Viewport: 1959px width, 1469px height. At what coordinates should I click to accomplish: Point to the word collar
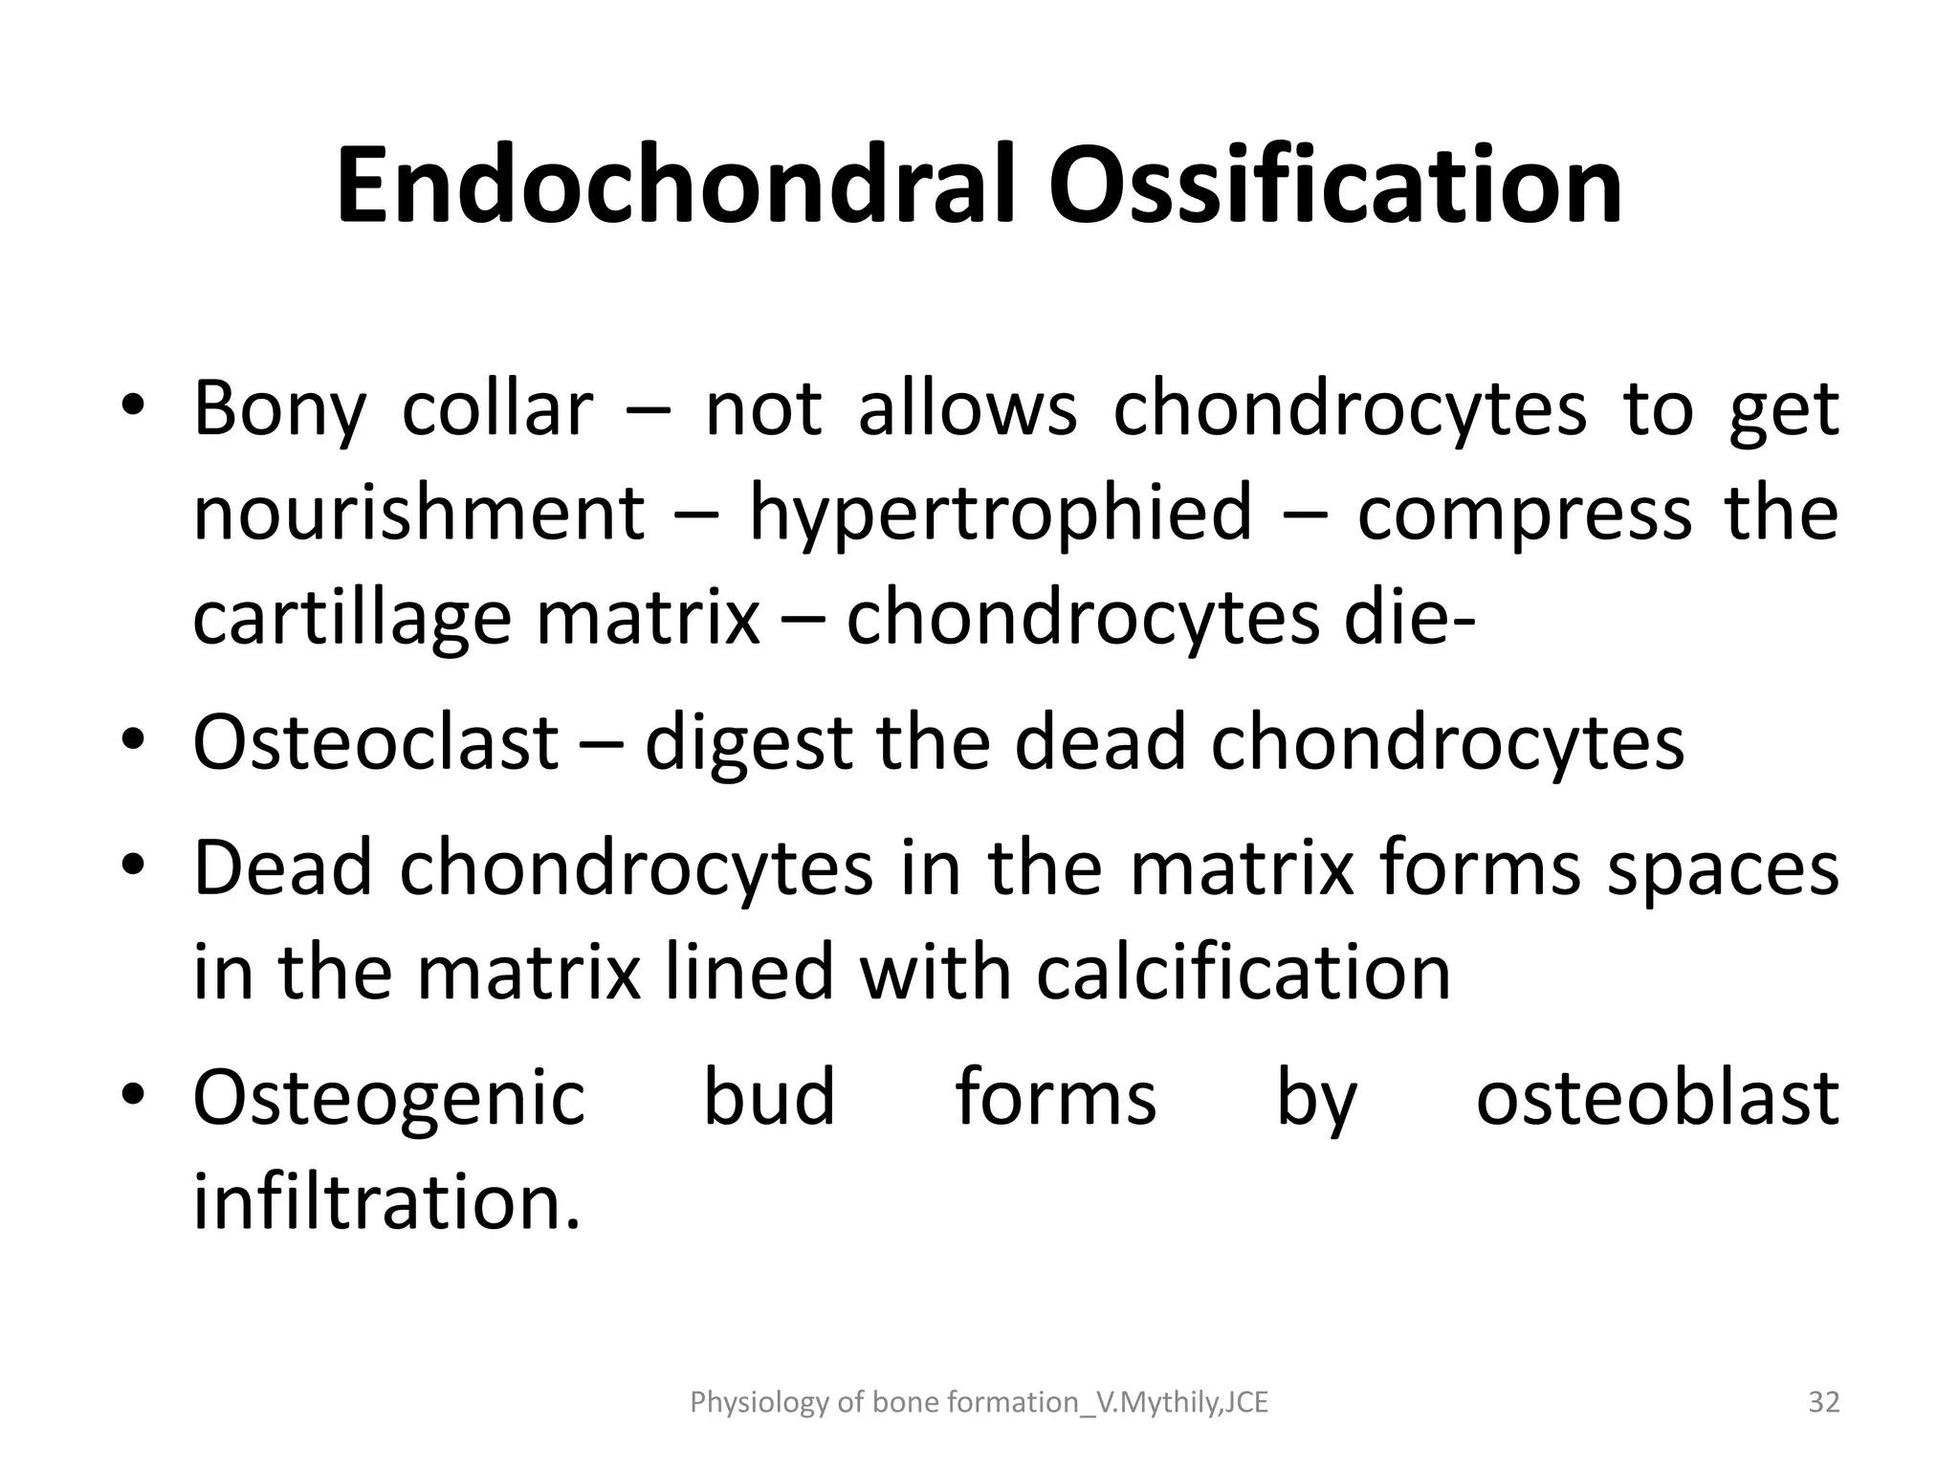[x=497, y=409]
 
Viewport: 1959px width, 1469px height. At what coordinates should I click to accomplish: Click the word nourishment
[x=419, y=514]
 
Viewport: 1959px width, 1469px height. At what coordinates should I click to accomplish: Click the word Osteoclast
[x=375, y=742]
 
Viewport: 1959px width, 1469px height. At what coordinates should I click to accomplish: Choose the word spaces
[x=1722, y=870]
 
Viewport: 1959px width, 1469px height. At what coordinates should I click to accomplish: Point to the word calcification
[x=1244, y=974]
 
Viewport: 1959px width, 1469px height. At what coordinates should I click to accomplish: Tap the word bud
[x=770, y=1097]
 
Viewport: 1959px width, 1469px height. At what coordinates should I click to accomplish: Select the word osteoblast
[x=1657, y=1097]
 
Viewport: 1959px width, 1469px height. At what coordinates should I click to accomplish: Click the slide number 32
[x=1824, y=1402]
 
